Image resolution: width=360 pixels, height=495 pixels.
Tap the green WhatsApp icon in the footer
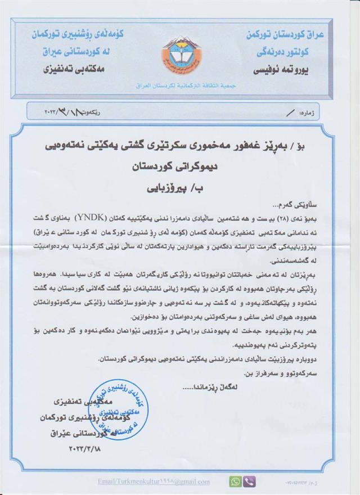235,481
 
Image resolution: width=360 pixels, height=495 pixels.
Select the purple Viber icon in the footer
250,481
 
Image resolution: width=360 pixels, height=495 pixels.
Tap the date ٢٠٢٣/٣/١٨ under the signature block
88,449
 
